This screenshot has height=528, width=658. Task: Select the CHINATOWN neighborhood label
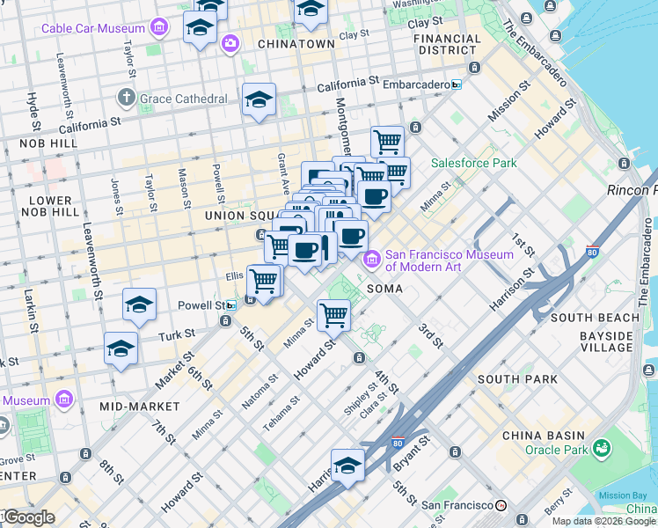click(x=296, y=43)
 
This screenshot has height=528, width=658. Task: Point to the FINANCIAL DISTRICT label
click(x=448, y=45)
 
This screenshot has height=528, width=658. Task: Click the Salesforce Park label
click(x=473, y=163)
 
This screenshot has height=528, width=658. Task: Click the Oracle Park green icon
click(x=602, y=449)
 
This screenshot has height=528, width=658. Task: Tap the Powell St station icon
click(x=230, y=305)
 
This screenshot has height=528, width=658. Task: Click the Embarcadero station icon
click(x=457, y=84)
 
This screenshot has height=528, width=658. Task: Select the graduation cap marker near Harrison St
click(x=347, y=466)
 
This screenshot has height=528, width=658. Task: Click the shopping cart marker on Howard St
click(x=333, y=314)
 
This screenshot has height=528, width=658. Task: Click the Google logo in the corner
click(x=29, y=517)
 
